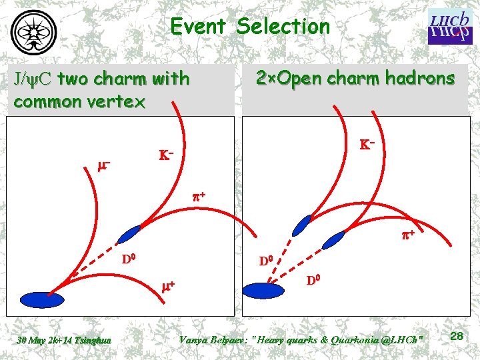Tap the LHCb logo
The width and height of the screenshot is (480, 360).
point(449,27)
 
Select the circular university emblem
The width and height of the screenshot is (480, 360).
point(34,29)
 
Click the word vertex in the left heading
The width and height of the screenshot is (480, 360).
point(120,102)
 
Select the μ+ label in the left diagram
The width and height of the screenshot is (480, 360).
point(168,286)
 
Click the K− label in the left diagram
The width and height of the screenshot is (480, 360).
point(167,155)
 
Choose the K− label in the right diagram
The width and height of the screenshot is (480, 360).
point(367,144)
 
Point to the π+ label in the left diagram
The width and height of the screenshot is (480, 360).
point(199,197)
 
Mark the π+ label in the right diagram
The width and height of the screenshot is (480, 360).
point(407,235)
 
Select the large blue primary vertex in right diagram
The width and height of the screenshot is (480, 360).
point(264,290)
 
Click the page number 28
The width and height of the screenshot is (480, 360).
point(456,337)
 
